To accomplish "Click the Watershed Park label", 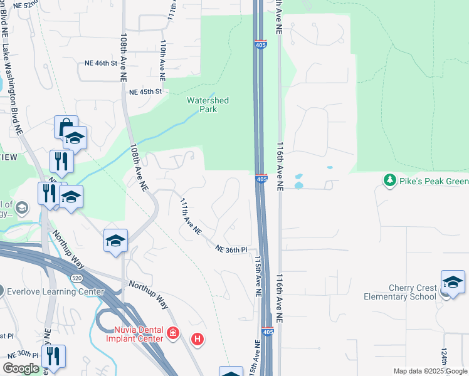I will [208, 105].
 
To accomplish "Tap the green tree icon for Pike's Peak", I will [390, 181].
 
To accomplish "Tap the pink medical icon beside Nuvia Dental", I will [174, 334].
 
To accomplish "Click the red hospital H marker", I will [197, 340].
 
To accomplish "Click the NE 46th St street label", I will [101, 63].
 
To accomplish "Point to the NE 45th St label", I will [145, 91].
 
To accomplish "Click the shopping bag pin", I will [65, 128].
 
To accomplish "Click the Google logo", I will [21, 368].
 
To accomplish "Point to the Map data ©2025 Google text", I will [430, 371].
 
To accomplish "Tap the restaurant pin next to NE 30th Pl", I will [53, 357].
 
